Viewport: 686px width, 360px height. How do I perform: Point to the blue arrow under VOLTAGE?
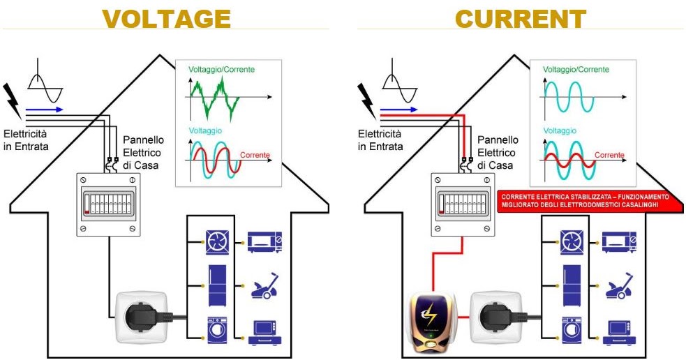point(44,110)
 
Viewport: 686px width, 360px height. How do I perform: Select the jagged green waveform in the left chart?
point(214,96)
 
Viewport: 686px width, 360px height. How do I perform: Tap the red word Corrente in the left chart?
point(255,154)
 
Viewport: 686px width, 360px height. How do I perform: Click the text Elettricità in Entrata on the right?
point(380,140)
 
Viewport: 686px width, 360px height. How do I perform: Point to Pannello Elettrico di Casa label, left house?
point(142,153)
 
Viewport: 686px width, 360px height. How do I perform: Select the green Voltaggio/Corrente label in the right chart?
point(576,70)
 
